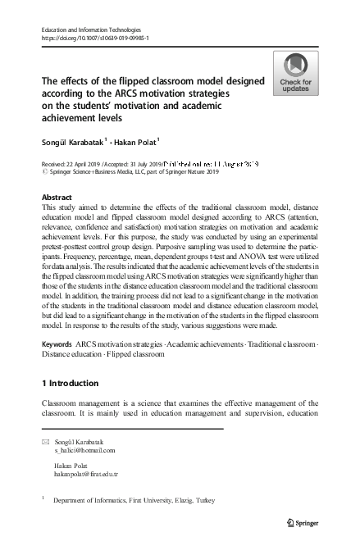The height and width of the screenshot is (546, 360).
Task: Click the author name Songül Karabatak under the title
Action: pyautogui.click(x=72, y=141)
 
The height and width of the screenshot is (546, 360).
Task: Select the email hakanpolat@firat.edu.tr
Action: pyautogui.click(x=87, y=474)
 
